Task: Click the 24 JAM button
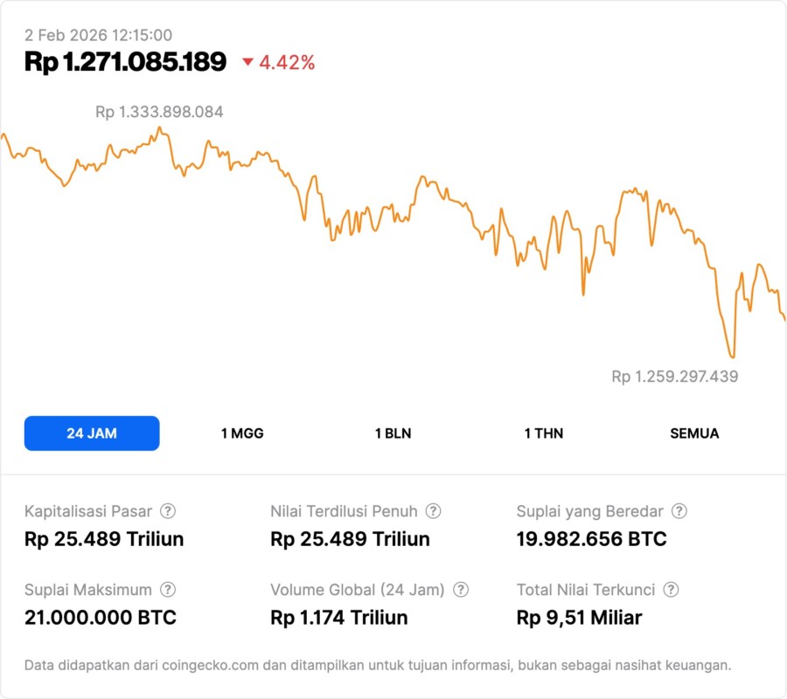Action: pos(92,433)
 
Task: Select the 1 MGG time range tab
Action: pos(242,433)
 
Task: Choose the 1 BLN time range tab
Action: pos(393,433)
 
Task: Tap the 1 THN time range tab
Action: pos(544,433)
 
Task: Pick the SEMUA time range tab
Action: pos(694,433)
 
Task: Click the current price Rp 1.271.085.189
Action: pos(125,62)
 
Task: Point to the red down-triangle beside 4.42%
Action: pos(247,62)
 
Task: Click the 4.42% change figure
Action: pos(287,62)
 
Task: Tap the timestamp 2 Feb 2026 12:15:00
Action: pos(98,35)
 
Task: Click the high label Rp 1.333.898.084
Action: pos(159,112)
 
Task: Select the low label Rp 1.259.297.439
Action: pos(674,377)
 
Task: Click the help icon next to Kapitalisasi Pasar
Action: pos(168,511)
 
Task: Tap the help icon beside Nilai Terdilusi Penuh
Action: pos(433,511)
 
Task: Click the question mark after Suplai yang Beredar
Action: pos(679,511)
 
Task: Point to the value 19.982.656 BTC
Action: pos(591,539)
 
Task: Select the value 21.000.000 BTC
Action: pos(101,618)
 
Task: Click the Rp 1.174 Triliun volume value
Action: pos(339,618)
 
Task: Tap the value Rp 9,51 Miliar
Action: pos(579,618)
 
